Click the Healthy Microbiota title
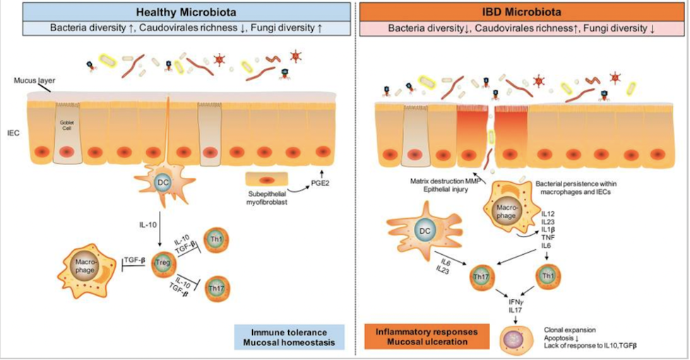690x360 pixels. click(x=177, y=12)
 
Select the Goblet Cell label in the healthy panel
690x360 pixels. click(x=66, y=121)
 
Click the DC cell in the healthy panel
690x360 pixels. click(x=163, y=183)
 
